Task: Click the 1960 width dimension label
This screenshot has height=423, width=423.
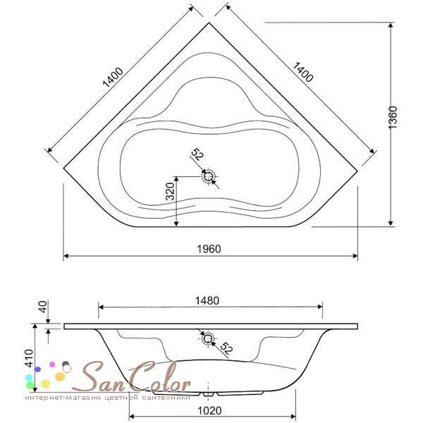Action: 209,249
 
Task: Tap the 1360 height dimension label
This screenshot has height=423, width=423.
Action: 393,118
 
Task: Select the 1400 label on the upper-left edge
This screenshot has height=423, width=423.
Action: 113,77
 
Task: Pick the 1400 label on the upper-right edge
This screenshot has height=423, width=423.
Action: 303,72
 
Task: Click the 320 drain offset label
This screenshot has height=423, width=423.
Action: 170,191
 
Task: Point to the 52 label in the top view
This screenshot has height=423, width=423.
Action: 197,155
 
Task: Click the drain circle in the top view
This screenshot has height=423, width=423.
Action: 208,177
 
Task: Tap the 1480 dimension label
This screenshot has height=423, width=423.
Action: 207,300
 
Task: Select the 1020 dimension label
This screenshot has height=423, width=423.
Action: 209,410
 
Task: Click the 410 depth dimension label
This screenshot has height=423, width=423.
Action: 29,358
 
